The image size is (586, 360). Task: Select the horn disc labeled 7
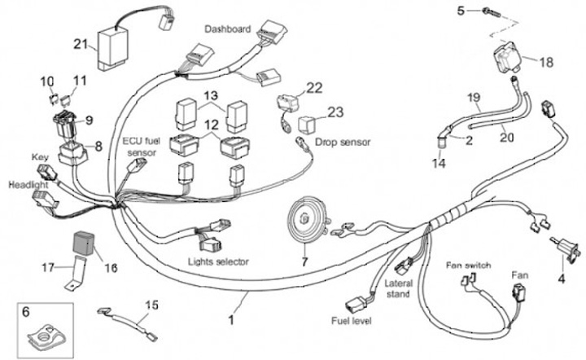[306, 220]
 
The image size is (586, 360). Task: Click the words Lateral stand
[397, 288]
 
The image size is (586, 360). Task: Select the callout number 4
[561, 279]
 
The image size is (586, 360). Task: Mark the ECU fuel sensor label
[141, 147]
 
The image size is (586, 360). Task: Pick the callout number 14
[440, 165]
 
